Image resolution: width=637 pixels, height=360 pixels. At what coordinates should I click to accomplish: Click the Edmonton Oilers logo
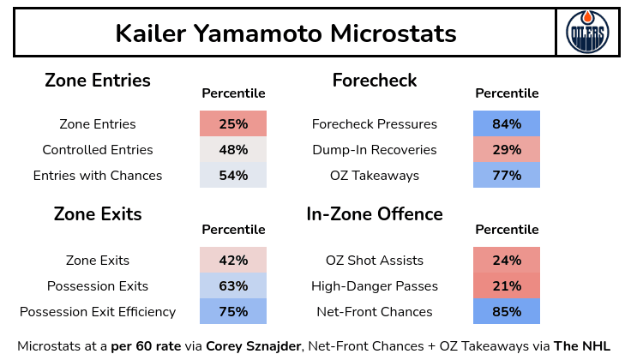587,33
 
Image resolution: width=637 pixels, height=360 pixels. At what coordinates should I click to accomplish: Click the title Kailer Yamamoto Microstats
285,33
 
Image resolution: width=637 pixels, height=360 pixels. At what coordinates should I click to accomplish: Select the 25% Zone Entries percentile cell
233,124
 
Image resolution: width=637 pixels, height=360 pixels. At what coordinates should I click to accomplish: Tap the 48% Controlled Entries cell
233,150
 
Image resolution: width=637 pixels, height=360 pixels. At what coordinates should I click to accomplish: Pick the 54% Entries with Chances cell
233,176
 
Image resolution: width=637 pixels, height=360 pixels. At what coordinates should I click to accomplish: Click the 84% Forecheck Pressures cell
507,124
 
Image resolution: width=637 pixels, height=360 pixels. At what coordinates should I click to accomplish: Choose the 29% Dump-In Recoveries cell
507,150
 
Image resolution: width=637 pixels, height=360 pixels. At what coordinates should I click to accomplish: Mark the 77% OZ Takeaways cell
507,176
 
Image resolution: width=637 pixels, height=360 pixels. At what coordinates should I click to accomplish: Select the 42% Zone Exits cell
233,261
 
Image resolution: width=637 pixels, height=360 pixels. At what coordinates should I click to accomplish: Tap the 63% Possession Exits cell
233,286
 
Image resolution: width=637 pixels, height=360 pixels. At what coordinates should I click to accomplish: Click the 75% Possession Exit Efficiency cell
233,312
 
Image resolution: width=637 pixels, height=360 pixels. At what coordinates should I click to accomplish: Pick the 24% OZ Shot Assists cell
507,261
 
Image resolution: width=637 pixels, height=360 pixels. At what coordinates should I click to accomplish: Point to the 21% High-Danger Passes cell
507,286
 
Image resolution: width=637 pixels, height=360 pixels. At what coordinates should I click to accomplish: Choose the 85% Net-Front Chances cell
507,312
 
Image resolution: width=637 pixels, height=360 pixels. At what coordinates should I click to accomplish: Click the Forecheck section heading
375,81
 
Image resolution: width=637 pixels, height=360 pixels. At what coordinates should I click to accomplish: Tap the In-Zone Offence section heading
375,214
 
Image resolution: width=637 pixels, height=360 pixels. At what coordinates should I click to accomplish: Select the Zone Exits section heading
98,214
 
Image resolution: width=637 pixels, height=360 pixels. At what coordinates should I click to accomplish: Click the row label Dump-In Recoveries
375,150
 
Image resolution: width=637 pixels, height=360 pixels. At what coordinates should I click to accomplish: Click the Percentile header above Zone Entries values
233,93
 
